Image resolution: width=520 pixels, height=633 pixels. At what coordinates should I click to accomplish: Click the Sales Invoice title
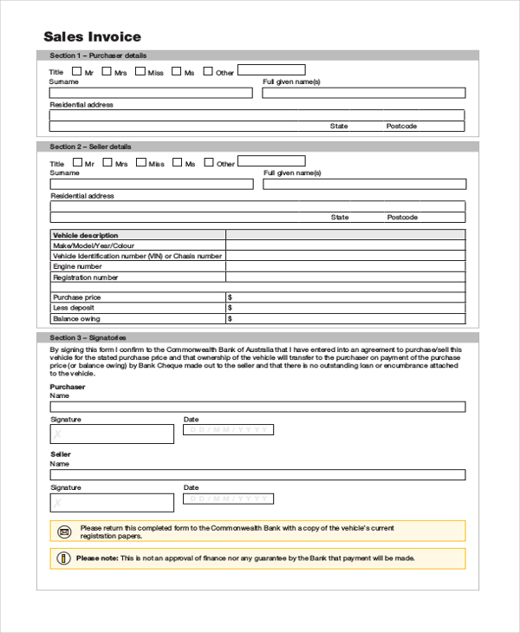click(x=92, y=36)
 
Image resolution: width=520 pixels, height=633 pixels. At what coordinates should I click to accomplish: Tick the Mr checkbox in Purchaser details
click(x=77, y=71)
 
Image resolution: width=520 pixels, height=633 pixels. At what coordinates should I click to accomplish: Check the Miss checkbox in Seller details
click(x=140, y=161)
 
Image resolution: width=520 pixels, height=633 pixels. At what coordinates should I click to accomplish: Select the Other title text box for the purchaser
click(x=271, y=70)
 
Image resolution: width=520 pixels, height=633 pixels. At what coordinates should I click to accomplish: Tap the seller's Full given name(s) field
click(x=364, y=184)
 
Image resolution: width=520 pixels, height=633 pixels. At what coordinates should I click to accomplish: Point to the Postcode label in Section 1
click(x=401, y=127)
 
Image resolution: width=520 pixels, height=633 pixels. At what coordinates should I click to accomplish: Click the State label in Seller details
click(x=340, y=218)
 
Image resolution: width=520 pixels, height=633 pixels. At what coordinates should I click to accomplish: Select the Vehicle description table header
click(x=86, y=235)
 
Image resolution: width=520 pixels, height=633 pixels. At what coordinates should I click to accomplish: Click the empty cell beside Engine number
click(x=345, y=267)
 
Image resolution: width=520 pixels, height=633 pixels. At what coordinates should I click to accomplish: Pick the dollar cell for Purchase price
click(x=345, y=297)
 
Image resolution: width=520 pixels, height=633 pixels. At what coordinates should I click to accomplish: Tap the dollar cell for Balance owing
click(x=345, y=318)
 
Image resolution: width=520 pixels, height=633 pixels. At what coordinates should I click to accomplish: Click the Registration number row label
click(x=86, y=277)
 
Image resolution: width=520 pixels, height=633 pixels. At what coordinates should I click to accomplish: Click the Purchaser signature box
click(x=112, y=434)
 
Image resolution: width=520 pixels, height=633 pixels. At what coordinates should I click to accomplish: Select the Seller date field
click(x=228, y=499)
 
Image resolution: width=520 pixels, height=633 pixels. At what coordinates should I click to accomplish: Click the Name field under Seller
click(x=257, y=475)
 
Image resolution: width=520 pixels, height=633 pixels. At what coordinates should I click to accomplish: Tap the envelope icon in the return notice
click(x=64, y=532)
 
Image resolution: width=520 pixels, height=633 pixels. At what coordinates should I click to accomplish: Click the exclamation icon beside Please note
click(x=65, y=558)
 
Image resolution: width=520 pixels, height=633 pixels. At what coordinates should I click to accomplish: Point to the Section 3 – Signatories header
click(x=88, y=337)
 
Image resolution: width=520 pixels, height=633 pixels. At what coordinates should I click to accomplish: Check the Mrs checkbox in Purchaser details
click(x=107, y=71)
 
